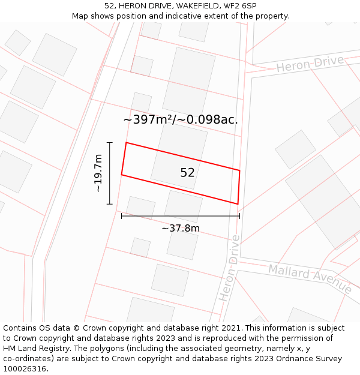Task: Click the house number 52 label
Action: pos(187,173)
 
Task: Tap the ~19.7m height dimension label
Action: pos(99,173)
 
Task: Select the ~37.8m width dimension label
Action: pos(181,228)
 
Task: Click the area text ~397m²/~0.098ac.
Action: pos(181,119)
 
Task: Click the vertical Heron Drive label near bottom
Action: pos(230,268)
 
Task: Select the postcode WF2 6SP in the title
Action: pos(240,5)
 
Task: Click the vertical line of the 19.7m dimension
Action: pos(110,173)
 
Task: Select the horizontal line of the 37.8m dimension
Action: pos(181,216)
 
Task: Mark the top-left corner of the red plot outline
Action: pos(126,143)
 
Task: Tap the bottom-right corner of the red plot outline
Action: pos(238,204)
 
